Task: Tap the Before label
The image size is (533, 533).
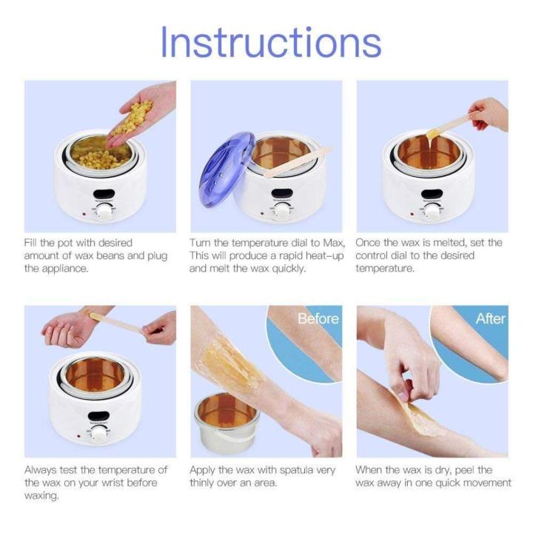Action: point(318,319)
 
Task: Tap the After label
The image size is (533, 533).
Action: point(491,319)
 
